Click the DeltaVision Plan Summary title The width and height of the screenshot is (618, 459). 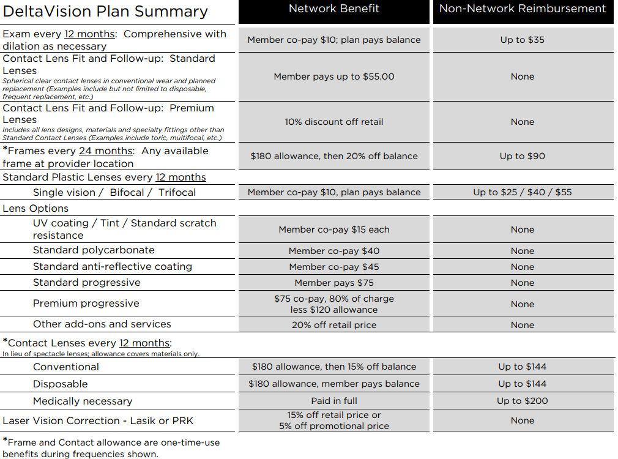105,11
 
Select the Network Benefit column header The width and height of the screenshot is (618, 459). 334,9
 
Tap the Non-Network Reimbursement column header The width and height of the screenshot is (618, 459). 523,9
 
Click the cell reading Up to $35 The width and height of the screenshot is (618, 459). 523,40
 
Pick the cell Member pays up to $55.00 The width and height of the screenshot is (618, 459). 334,76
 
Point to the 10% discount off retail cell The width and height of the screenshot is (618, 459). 334,122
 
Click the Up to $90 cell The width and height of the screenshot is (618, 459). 523,156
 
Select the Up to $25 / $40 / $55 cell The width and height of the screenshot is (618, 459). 523,192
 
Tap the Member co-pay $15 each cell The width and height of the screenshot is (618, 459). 334,229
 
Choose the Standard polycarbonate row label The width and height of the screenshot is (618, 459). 94,250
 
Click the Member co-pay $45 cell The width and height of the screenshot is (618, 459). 334,267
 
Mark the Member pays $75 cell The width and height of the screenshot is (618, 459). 334,283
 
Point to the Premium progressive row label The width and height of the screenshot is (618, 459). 86,303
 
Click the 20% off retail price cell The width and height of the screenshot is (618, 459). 334,325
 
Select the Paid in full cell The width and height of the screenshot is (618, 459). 334,401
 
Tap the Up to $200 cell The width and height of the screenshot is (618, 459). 523,401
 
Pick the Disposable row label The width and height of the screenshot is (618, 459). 61,384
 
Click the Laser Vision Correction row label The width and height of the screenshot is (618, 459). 98,421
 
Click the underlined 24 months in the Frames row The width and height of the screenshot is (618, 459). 106,151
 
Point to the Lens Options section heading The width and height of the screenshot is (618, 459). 35,208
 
